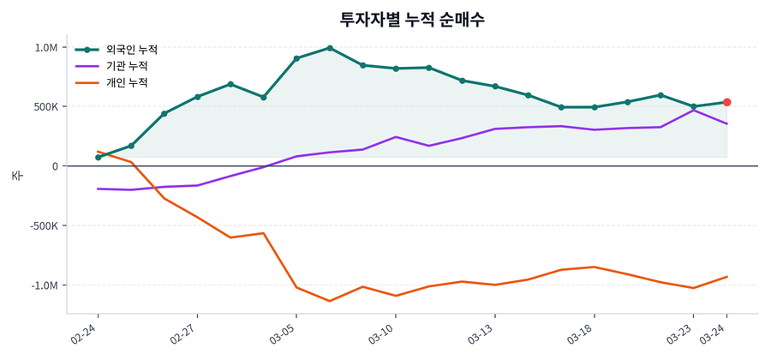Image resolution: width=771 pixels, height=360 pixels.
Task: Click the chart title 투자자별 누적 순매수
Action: [x=412, y=19]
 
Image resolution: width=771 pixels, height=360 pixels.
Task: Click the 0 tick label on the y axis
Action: [x=54, y=166]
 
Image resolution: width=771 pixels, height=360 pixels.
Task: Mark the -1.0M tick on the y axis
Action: [x=43, y=285]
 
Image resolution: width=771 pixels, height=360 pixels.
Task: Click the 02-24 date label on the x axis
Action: [x=86, y=332]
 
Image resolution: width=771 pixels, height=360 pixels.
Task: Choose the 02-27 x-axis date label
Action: [x=185, y=332]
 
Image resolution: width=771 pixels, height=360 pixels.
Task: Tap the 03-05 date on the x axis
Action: [x=284, y=332]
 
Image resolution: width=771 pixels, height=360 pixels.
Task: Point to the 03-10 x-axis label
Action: [x=383, y=332]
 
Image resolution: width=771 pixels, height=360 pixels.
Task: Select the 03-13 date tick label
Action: [x=482, y=332]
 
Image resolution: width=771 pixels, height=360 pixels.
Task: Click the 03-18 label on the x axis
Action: [x=581, y=332]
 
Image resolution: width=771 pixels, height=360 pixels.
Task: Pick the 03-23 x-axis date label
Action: [x=680, y=332]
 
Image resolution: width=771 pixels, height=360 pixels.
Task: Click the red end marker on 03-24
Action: [x=726, y=103]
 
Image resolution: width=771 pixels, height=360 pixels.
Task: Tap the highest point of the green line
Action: [x=330, y=48]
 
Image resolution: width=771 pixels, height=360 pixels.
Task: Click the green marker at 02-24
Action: [x=99, y=158]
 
